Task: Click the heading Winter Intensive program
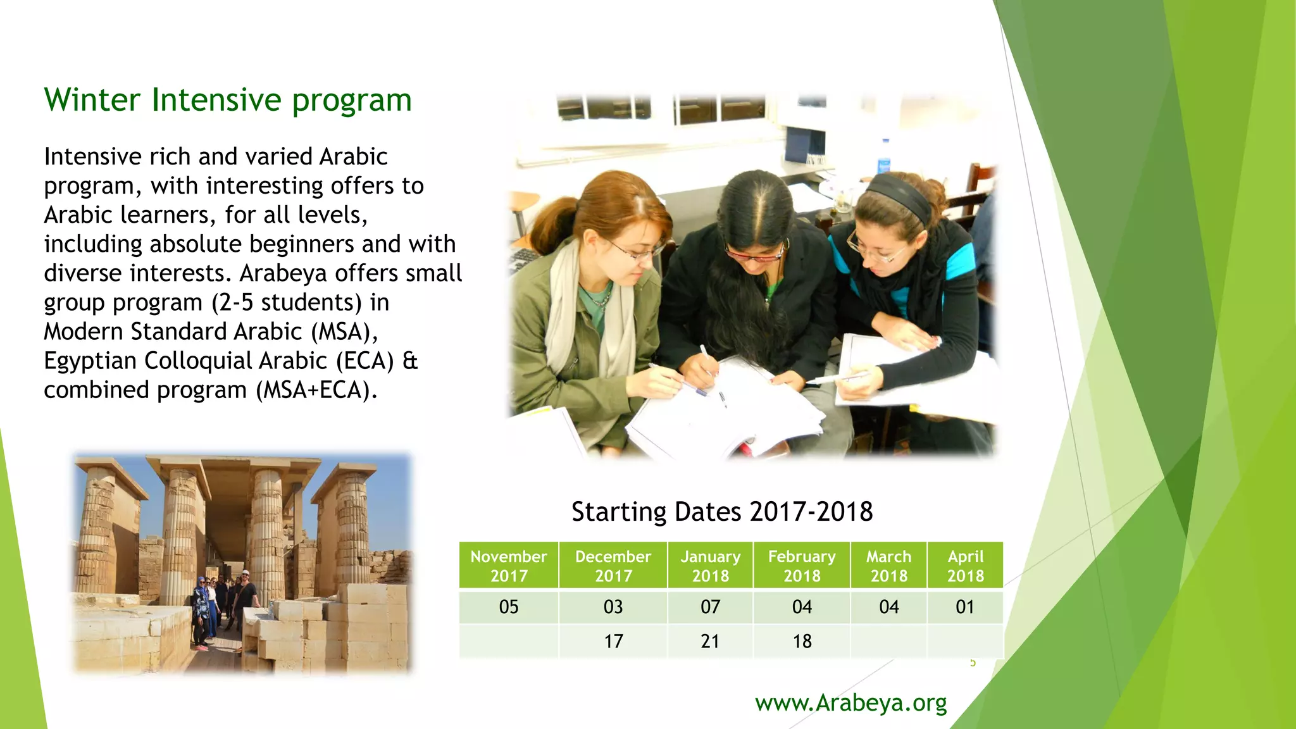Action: (x=228, y=100)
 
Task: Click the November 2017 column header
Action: (x=509, y=566)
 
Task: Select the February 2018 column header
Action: (x=802, y=566)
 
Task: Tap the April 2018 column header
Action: (x=965, y=566)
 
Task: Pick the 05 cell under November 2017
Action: (x=509, y=607)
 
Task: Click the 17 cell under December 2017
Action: (x=613, y=641)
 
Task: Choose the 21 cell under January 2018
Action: (x=710, y=641)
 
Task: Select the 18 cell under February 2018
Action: (x=802, y=641)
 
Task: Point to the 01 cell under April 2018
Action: (x=965, y=607)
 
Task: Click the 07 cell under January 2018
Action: (x=710, y=607)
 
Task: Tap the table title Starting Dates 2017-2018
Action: (x=722, y=511)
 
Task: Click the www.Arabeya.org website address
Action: (x=850, y=702)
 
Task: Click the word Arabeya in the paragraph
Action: (x=283, y=273)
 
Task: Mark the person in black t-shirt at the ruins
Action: (x=246, y=598)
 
